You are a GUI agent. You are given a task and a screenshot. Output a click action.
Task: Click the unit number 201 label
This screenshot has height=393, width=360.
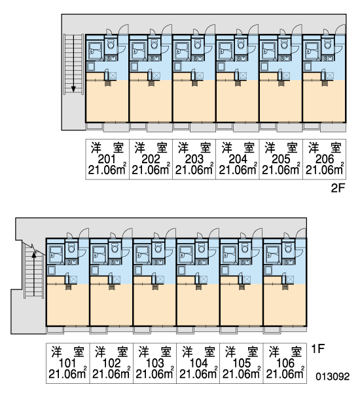107,159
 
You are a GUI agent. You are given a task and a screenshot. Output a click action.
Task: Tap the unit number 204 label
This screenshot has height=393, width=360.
238,159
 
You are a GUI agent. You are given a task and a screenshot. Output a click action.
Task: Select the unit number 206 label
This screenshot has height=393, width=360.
325,159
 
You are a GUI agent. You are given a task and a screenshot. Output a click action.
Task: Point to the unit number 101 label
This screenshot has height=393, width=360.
67,363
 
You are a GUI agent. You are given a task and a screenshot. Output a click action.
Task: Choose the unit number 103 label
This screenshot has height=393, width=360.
155,363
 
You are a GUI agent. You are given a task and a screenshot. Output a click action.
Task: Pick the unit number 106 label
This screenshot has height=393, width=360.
285,363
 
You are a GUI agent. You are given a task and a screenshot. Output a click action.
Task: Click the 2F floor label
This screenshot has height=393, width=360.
338,188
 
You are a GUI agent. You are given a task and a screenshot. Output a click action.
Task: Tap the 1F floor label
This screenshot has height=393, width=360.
317,348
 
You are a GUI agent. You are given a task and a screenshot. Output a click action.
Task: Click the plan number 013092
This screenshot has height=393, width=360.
333,376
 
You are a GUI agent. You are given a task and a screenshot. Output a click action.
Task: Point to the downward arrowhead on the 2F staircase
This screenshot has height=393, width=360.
73,89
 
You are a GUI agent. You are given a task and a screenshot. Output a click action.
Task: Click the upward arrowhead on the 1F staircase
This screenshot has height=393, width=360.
34,255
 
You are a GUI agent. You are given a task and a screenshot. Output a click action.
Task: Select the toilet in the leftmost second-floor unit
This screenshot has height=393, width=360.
111,45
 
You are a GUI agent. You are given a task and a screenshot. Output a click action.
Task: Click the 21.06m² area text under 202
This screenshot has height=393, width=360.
151,170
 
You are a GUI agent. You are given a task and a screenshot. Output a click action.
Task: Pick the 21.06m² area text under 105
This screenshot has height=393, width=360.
242,374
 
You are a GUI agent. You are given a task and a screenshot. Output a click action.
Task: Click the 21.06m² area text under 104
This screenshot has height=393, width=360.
198,374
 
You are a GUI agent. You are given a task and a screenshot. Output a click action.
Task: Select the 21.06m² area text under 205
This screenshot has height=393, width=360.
281,170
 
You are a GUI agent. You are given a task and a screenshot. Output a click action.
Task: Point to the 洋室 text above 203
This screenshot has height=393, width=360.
194,148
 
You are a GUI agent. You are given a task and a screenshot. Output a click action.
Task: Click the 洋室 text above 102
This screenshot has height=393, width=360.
111,352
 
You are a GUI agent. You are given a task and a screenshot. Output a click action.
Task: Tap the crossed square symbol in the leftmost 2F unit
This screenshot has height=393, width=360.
113,75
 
